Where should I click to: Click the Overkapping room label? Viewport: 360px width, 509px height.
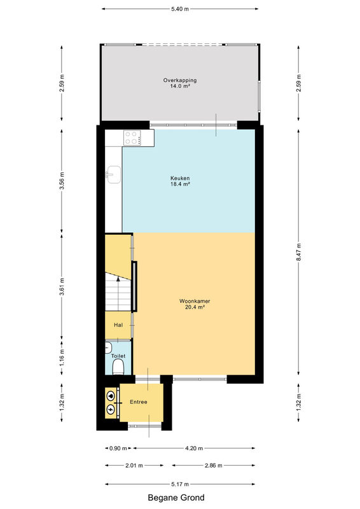[180, 83]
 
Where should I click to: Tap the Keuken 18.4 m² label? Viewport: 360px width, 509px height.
[180, 181]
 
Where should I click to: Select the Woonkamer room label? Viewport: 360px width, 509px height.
[195, 304]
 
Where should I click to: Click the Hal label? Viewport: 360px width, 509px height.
[118, 325]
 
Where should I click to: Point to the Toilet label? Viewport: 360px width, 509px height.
[118, 356]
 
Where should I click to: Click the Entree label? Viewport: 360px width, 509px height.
[139, 402]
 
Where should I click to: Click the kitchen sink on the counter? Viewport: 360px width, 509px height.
[113, 174]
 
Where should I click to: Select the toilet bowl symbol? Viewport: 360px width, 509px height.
[118, 368]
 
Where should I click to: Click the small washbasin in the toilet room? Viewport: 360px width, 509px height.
[108, 348]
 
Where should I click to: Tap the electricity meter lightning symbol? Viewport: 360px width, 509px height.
[111, 409]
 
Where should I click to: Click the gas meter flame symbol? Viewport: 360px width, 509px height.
[111, 396]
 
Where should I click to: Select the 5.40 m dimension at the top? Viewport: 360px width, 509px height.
[180, 9]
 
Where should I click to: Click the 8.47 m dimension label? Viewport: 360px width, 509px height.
[299, 252]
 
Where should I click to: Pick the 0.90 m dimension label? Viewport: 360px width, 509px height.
[118, 449]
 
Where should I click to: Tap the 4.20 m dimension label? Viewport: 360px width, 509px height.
[194, 449]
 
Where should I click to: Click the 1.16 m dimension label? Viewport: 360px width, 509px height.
[62, 357]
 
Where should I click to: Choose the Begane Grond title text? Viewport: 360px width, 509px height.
[176, 498]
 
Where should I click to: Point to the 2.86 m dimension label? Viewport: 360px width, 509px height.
[214, 466]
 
